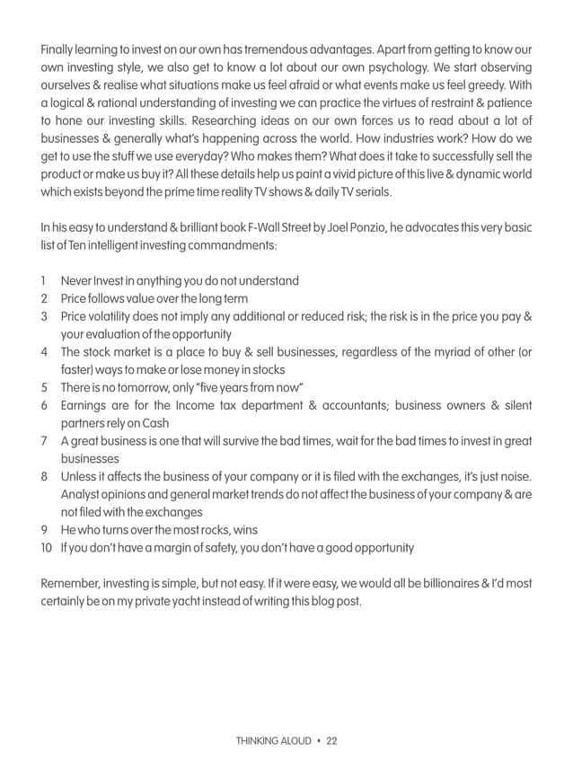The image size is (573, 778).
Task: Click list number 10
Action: (x=47, y=548)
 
